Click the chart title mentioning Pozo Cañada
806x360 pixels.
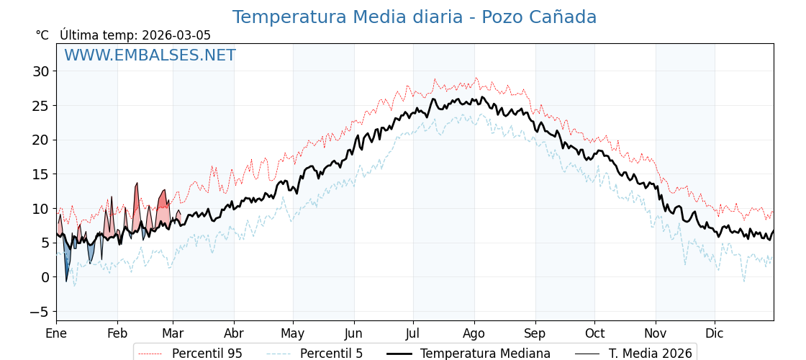click(414, 17)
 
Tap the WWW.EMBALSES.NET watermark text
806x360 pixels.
click(150, 55)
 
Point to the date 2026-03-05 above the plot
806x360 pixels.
click(176, 35)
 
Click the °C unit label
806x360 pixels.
click(42, 35)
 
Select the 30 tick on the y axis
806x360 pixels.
click(40, 71)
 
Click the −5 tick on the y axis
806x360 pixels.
click(40, 312)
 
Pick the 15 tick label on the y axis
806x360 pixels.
click(40, 174)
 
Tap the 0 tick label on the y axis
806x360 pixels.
click(45, 277)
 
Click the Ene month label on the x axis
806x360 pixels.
click(56, 333)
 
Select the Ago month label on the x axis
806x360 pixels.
click(474, 333)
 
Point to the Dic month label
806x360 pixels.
click(715, 333)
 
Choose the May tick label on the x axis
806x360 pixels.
click(292, 333)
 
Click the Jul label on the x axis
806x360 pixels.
click(413, 333)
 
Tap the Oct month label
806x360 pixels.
click(594, 333)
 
